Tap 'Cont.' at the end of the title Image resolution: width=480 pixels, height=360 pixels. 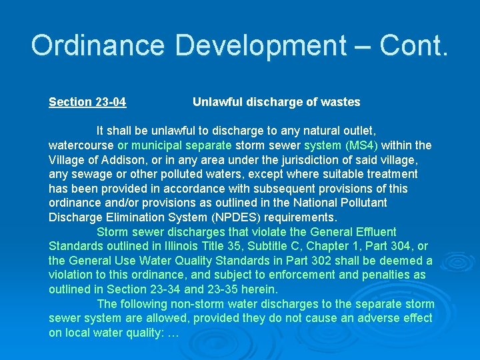[x=414, y=45]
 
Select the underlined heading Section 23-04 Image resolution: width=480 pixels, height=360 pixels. [x=87, y=102]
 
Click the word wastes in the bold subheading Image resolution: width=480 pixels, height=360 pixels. [x=341, y=102]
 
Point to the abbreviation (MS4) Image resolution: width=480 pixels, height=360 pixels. [x=361, y=145]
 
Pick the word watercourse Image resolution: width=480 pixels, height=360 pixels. [x=81, y=145]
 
